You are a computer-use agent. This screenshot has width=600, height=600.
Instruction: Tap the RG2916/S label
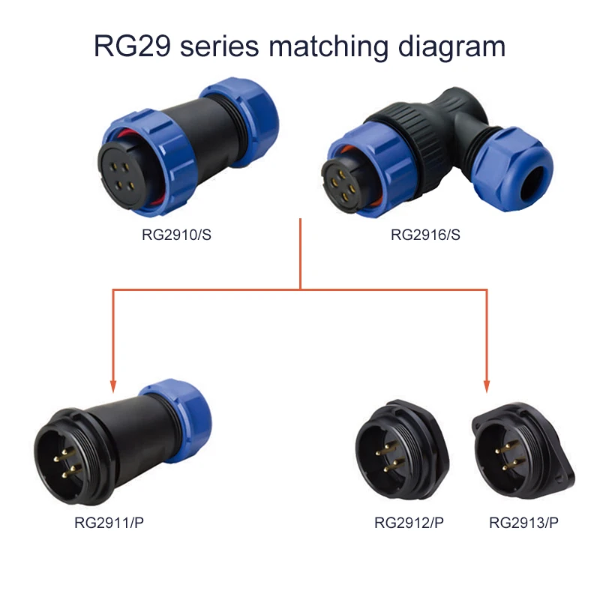point(425,235)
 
